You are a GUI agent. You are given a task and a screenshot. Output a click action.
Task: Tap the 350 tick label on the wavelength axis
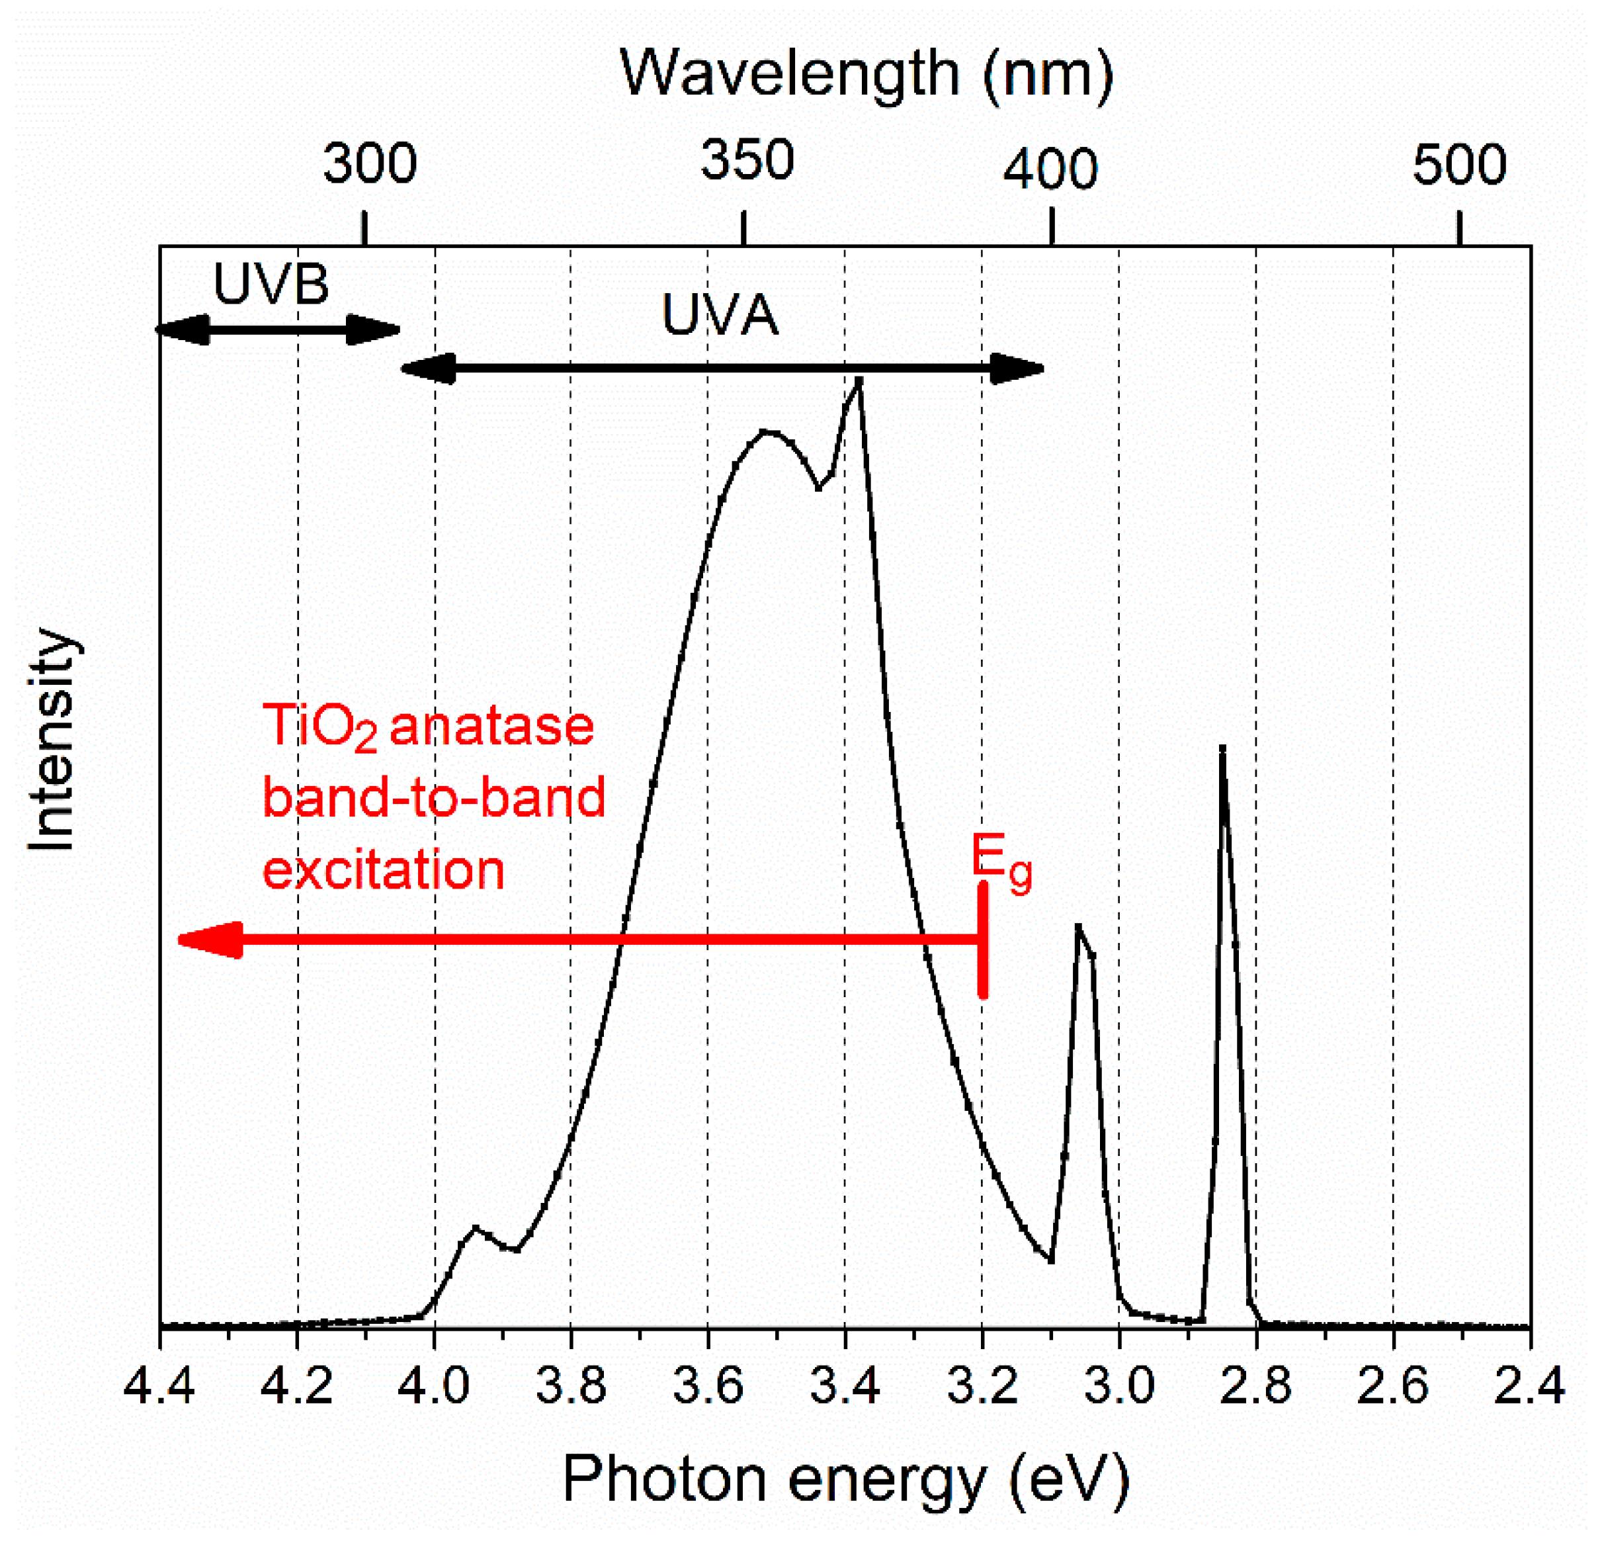pos(746,159)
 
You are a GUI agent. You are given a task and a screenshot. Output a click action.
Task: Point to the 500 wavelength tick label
pos(1459,165)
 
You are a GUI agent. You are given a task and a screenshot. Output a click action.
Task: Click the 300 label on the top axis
pos(370,163)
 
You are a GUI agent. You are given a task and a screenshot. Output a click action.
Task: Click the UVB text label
pos(271,284)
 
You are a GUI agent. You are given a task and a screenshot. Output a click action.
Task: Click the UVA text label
pos(720,315)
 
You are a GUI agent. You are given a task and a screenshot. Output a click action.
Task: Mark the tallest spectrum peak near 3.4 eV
pos(859,380)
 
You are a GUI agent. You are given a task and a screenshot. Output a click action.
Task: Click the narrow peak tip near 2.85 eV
pos(1222,749)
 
